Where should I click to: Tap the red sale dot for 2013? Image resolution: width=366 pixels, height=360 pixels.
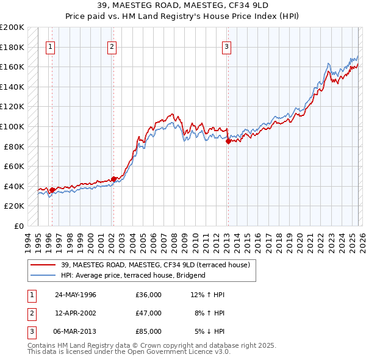(228, 141)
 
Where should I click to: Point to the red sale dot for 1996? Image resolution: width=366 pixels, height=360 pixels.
(52, 190)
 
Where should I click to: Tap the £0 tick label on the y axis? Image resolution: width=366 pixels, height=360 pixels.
(19, 226)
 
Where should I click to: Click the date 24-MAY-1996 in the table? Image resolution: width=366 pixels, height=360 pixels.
(76, 295)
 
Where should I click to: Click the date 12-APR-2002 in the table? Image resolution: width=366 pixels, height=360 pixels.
(76, 313)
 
